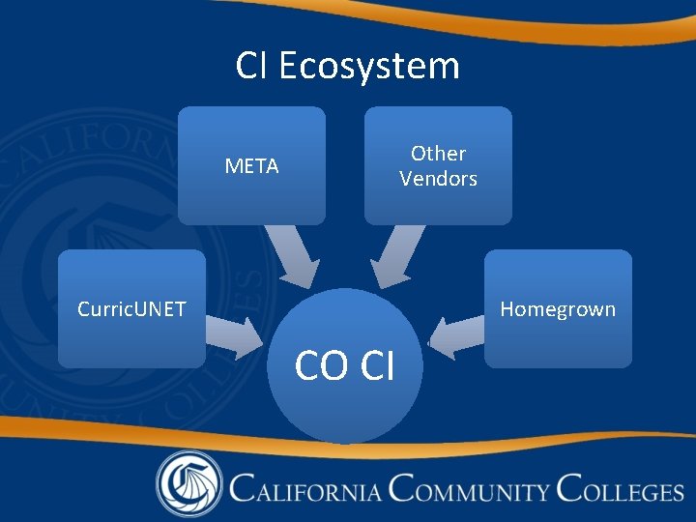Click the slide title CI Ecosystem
point(348,67)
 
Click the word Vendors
point(438,179)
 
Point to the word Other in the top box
point(438,153)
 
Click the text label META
point(251,166)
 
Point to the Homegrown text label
point(558,309)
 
